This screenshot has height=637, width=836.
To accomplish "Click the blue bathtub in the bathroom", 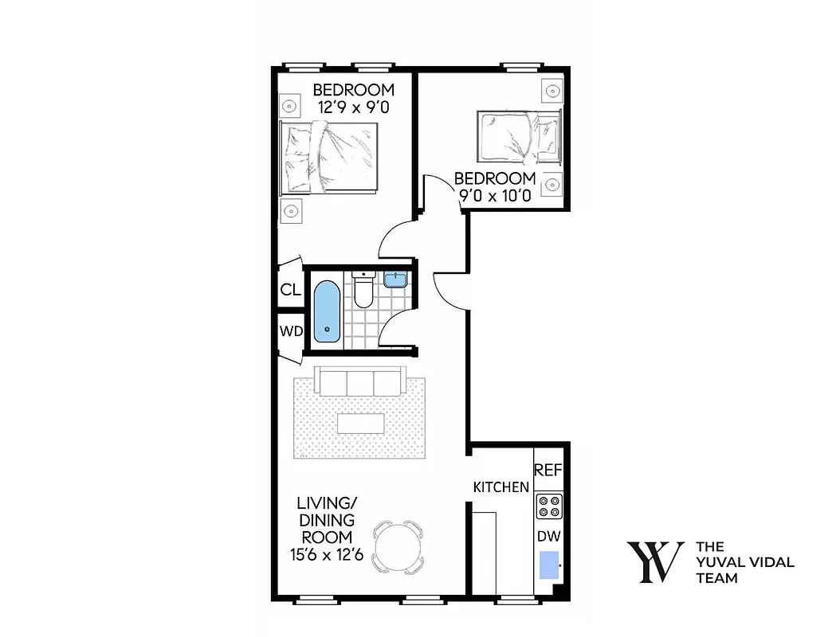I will point(326,311).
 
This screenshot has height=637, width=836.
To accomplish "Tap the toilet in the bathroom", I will point(363,290).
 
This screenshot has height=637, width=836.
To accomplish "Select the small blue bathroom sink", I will point(394,279).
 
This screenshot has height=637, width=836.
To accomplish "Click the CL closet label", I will point(290,291).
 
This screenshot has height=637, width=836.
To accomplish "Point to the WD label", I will point(290,331).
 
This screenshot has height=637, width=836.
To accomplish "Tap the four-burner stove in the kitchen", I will point(548,506).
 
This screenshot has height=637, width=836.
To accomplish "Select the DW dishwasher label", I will point(548,537).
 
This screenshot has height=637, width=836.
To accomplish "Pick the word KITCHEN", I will point(500,487).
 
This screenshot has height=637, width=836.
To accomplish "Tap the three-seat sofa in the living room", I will point(360,382).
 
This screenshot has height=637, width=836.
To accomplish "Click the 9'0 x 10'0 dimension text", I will point(495,196).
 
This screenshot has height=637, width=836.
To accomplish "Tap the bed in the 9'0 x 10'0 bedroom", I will point(518,135).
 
